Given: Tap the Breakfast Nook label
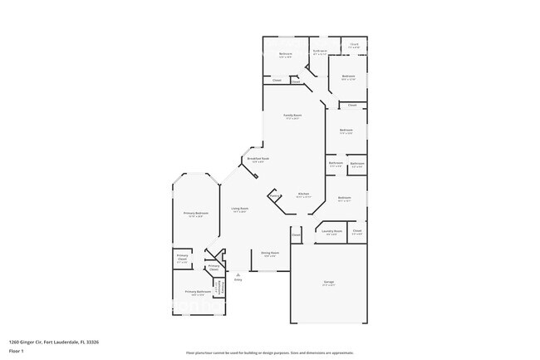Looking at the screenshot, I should (258, 158).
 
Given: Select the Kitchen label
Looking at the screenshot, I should (304, 194).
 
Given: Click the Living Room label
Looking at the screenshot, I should (240, 209).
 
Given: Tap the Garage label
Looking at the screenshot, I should (329, 283).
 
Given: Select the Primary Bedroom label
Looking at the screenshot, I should (196, 214).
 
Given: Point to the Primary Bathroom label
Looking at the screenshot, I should (196, 291).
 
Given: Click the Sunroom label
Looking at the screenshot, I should (320, 52).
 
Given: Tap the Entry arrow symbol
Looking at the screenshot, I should (238, 274).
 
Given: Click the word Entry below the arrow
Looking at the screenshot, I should (238, 280).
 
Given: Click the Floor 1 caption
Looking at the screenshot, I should (16, 351).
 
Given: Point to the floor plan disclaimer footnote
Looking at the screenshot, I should (270, 353).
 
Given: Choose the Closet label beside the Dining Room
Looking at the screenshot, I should (296, 235).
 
